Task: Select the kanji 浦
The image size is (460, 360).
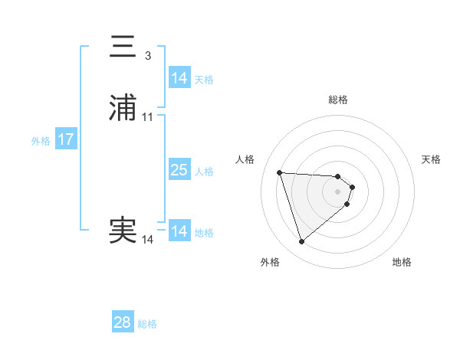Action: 123,108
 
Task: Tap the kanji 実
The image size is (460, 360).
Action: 123,231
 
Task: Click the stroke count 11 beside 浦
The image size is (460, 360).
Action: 148,117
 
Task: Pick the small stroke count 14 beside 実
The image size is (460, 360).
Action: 148,240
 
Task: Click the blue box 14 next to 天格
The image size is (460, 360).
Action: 179,78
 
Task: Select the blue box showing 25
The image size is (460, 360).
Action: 179,170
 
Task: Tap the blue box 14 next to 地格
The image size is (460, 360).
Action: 179,231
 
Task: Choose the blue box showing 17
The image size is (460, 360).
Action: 66,139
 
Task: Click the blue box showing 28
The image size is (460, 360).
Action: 123,322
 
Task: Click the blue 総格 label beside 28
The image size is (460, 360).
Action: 148,324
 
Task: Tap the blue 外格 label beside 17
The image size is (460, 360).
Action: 41,141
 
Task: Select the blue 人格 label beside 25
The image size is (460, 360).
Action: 205,172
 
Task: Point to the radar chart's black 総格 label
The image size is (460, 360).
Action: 338,100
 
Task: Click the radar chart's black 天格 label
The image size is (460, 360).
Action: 431,159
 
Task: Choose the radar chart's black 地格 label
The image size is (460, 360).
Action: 402,263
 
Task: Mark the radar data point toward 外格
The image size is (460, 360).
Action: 301,242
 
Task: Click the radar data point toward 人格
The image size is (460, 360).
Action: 280,172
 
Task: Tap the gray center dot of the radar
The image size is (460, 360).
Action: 338,191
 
